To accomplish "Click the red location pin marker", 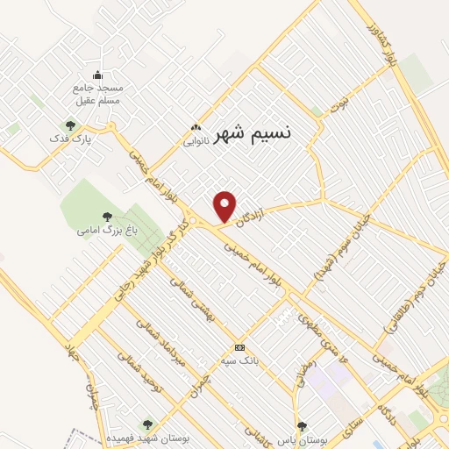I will click(225, 206).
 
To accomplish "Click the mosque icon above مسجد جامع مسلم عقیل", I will click(97, 75).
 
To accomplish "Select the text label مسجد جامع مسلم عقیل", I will click(98, 95).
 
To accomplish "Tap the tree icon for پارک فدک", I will click(70, 125).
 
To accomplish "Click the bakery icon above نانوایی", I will click(195, 126).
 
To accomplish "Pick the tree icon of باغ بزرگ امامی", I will click(107, 216).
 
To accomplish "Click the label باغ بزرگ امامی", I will click(98, 231).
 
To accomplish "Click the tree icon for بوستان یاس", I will click(303, 426).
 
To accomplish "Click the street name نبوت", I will click(338, 106).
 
